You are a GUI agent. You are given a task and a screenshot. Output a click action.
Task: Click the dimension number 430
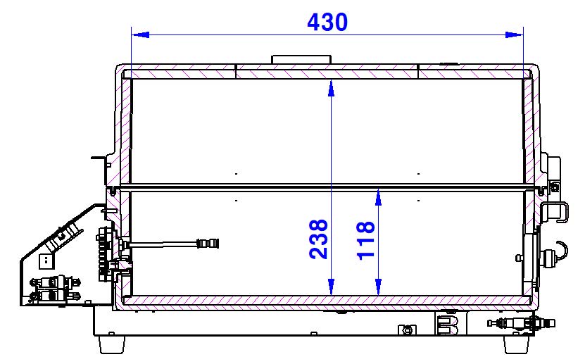coord(327,22)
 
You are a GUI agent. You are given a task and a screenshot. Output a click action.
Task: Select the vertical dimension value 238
coord(318,239)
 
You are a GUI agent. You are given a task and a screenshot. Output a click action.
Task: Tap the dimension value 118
coord(365,240)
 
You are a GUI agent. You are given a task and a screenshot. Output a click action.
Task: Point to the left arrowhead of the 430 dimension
coord(140,34)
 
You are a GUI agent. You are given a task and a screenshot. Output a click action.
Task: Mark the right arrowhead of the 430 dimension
coord(514,34)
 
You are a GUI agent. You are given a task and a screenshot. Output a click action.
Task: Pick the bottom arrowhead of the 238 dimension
coord(331,287)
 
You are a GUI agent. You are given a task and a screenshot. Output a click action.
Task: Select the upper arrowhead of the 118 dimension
coord(378,197)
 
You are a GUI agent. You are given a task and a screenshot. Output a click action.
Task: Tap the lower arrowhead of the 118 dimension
coord(378,287)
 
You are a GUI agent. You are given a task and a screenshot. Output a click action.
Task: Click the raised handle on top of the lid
coord(301,60)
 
